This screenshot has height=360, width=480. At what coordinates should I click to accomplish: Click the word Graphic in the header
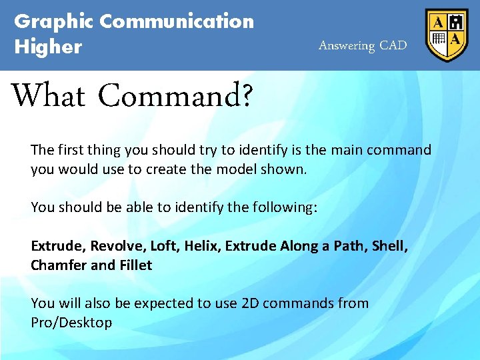(x=54, y=22)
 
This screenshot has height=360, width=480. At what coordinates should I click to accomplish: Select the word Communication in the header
(x=177, y=21)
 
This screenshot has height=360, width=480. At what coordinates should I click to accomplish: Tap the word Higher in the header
(x=48, y=47)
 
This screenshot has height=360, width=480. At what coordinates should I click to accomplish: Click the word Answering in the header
(x=347, y=46)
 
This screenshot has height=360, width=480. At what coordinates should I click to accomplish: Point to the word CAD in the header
(x=393, y=46)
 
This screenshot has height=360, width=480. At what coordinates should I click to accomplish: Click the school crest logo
(x=447, y=35)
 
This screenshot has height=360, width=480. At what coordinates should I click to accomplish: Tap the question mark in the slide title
(x=246, y=96)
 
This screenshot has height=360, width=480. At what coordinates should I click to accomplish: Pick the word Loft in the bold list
(x=163, y=246)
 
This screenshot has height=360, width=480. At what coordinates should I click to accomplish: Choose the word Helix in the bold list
(x=201, y=246)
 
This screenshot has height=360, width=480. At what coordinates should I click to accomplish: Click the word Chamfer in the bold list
(x=58, y=265)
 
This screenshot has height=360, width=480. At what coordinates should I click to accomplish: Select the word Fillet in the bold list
(x=135, y=265)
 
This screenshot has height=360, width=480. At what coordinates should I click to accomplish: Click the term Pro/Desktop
(x=71, y=323)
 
